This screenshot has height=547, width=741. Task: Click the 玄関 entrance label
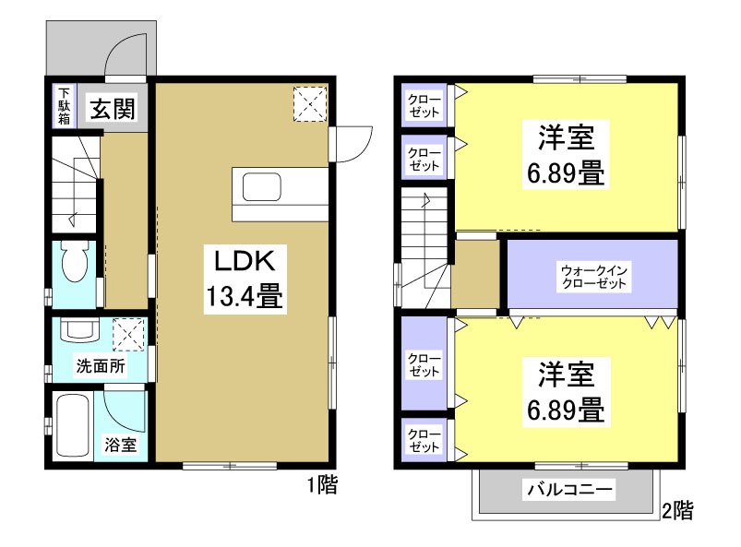pos(113,109)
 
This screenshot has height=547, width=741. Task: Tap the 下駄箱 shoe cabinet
pos(64,106)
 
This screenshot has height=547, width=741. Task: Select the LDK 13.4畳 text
pos(242,278)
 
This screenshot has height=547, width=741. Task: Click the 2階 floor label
pos(678,508)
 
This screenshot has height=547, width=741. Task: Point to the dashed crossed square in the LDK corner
pos(310,103)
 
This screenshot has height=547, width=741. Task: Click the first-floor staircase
pos(73,184)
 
